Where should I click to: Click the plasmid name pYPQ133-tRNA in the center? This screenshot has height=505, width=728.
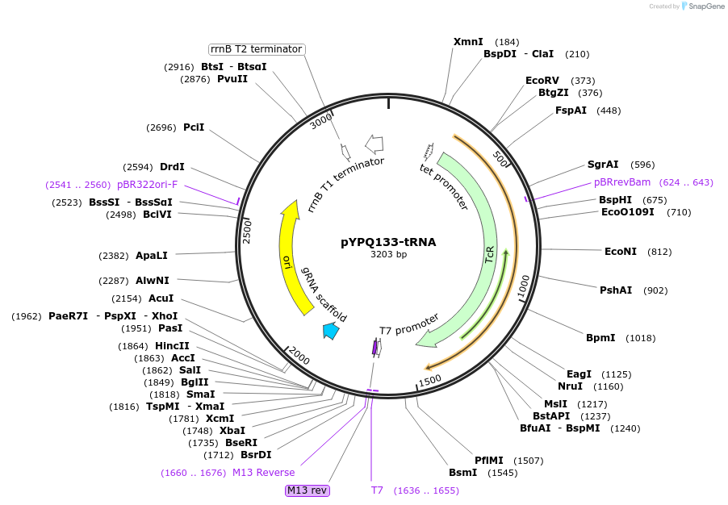coord(388,241)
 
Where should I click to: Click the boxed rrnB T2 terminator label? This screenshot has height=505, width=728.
coord(257,49)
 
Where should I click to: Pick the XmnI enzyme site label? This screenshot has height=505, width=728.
coord(468,42)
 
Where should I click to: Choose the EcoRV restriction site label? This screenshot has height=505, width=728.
coord(542,81)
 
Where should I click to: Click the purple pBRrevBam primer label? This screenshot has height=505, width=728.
coord(621,182)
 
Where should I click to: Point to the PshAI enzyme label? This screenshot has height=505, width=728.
coord(616,290)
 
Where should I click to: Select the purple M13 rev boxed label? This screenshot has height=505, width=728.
coord(308,490)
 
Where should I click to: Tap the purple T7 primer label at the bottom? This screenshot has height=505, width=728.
coord(378,490)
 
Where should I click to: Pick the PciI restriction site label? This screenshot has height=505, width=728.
coord(194,127)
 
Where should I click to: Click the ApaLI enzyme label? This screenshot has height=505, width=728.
coord(152,256)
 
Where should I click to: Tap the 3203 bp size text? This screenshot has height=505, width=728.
coord(388,255)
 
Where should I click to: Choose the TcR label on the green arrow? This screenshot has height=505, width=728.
coord(489,256)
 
